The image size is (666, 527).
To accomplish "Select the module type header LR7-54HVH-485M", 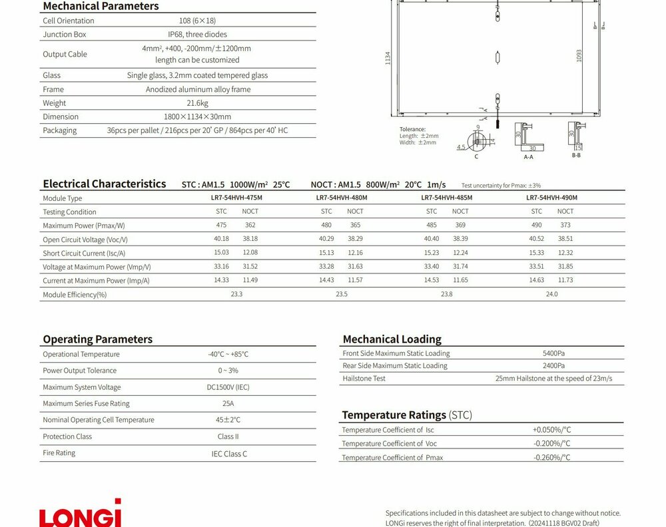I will point(446,198).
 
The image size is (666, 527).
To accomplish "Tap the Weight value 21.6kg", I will point(197,103).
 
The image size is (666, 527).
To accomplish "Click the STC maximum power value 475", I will point(221,226).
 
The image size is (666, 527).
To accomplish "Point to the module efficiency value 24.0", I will point(551,294).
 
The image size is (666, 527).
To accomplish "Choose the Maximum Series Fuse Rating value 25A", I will point(228,403).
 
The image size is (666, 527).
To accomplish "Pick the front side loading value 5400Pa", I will point(553,353).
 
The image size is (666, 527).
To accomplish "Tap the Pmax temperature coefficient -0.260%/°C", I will point(551,457).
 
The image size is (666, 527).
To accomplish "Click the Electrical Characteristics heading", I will point(104,184).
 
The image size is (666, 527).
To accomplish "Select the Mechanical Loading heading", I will point(392,339).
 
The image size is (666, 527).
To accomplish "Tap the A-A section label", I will point(528,157).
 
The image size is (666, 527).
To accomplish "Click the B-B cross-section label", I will point(576,155).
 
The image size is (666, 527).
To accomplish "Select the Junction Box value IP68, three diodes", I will point(197,34).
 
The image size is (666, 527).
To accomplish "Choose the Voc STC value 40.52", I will point(536,239).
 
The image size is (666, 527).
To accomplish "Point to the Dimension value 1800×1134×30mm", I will point(197,116).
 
